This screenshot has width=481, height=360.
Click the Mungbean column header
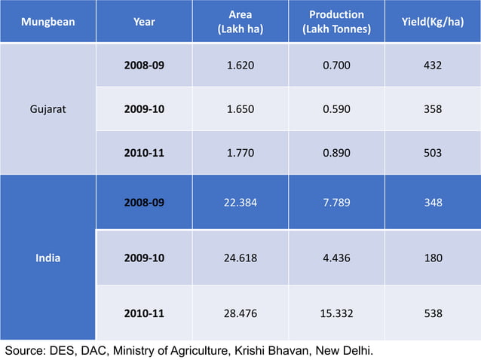(47, 22)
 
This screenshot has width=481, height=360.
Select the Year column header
(144, 22)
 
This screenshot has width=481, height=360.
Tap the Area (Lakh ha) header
(240, 22)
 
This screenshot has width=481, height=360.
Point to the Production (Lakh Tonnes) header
(336, 22)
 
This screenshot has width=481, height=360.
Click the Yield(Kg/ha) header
(433, 22)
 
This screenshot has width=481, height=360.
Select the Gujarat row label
(47, 108)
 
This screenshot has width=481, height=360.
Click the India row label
(47, 258)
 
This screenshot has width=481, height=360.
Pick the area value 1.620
(240, 65)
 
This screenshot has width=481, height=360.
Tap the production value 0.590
(336, 108)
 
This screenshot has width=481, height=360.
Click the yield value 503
(433, 152)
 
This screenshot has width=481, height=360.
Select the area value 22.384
(240, 203)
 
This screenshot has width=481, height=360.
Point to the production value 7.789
(336, 203)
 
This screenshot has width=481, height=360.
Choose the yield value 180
(433, 258)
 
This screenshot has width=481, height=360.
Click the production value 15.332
(336, 313)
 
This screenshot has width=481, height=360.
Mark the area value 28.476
(240, 313)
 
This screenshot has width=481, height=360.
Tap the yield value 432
(433, 65)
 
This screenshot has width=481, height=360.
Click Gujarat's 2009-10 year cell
(144, 108)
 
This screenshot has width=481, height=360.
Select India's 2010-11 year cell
(144, 313)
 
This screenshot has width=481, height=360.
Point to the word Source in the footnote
(24, 351)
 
